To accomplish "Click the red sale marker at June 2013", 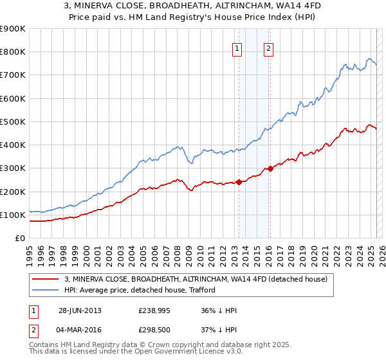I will pyautogui.click(x=239, y=182).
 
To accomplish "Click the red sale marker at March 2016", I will pyautogui.click(x=270, y=168).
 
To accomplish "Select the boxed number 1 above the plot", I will pyautogui.click(x=237, y=47).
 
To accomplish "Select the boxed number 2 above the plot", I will pyautogui.click(x=268, y=47).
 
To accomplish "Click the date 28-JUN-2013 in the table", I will pyautogui.click(x=80, y=310).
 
